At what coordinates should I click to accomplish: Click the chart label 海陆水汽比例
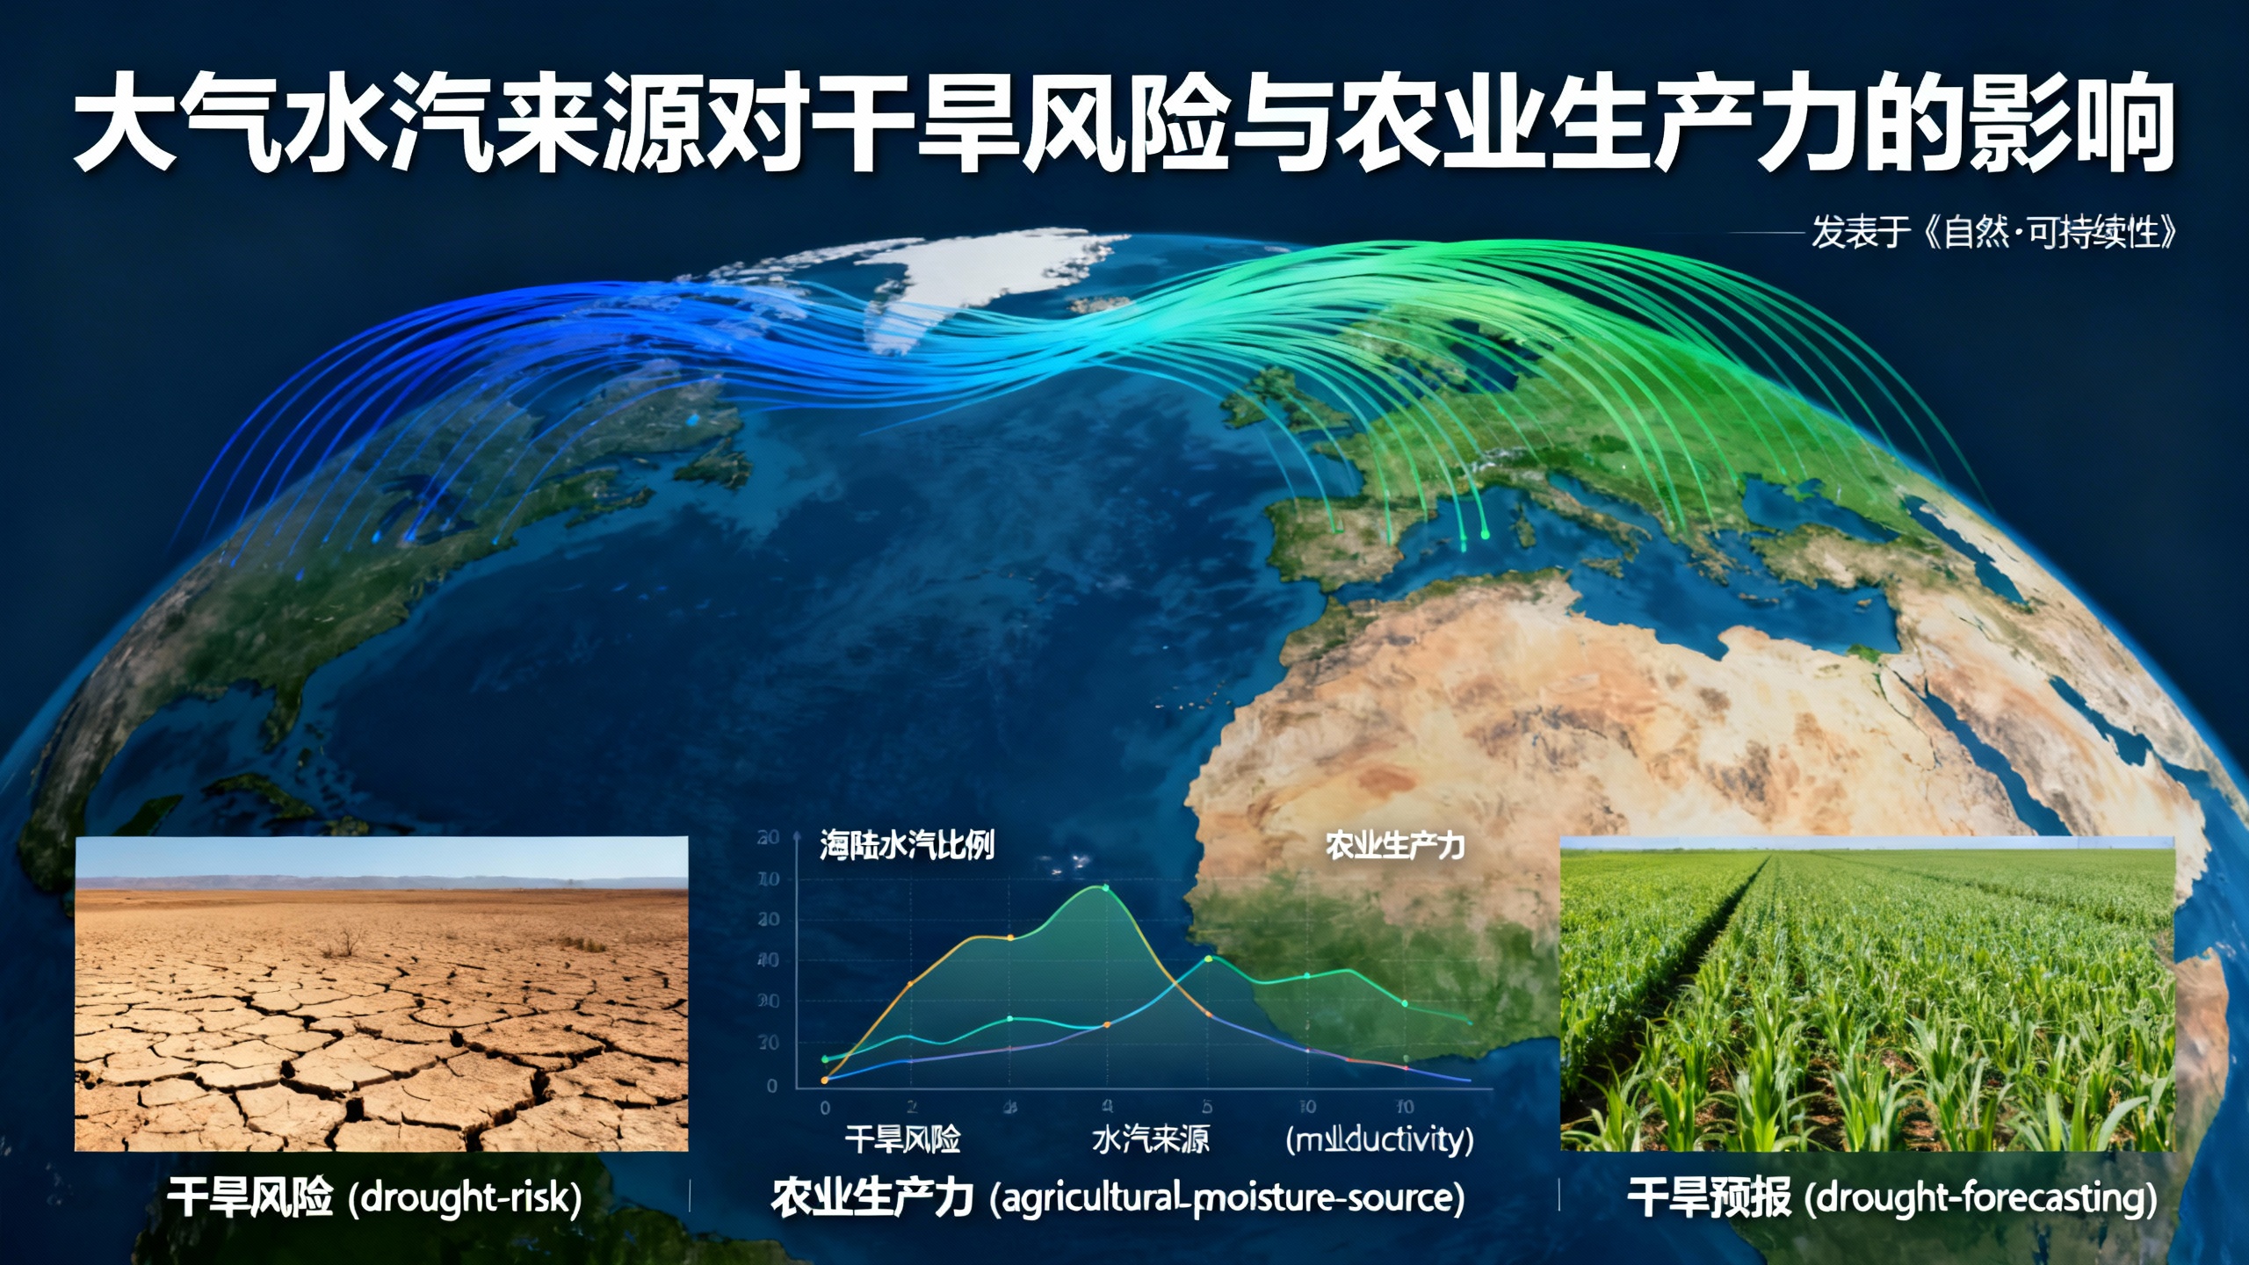coord(907,845)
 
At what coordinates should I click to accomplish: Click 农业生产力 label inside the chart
coord(1394,845)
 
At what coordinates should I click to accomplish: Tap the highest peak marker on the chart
coord(1105,888)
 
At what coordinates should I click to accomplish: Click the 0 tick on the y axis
coord(772,1086)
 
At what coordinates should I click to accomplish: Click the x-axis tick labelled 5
coord(1207,1107)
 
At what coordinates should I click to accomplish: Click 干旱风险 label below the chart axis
coord(902,1140)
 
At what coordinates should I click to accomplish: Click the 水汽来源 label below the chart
coord(1150,1140)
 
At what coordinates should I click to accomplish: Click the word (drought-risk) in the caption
coord(466,1198)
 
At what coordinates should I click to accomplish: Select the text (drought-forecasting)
coord(1981,1198)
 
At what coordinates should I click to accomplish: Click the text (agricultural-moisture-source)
coord(1227,1198)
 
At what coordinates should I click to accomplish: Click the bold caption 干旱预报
coord(1708,1198)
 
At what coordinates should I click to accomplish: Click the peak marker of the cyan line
coord(1208,958)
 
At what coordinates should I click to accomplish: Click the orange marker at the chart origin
coord(824,1081)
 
